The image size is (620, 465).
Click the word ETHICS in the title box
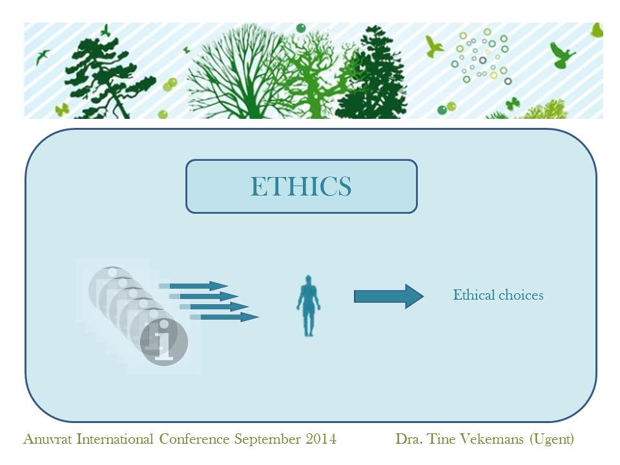(301, 186)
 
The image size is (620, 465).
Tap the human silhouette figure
(309, 305)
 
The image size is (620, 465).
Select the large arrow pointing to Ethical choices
(389, 296)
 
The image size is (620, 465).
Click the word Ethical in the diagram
(473, 295)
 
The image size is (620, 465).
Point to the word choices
(521, 295)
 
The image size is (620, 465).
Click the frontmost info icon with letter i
(163, 342)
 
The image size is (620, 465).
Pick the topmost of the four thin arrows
(193, 285)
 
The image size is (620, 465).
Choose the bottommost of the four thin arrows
(224, 316)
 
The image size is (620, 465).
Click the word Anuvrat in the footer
(48, 439)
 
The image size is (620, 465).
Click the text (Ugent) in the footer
(552, 440)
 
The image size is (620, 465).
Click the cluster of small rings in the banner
(480, 57)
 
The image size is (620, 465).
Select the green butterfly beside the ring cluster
(512, 103)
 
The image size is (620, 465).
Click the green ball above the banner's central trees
(301, 28)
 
